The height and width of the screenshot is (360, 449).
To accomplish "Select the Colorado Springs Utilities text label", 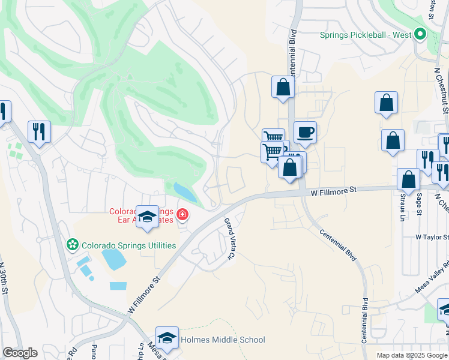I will click(129, 245).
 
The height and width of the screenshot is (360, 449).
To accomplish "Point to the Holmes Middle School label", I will click(223, 340).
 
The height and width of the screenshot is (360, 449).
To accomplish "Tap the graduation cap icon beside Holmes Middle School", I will click(167, 337).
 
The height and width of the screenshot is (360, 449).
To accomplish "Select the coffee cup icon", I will click(305, 132).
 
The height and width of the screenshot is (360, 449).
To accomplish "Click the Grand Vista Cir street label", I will click(229, 239).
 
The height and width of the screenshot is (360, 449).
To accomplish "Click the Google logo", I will click(20, 353).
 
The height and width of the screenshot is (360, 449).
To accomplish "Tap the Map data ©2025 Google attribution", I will click(412, 355).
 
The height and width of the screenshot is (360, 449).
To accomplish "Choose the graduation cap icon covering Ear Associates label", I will click(146, 217).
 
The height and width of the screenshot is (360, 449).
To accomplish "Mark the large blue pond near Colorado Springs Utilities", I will click(113, 259).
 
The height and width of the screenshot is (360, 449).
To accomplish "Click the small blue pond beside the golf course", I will click(185, 192).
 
